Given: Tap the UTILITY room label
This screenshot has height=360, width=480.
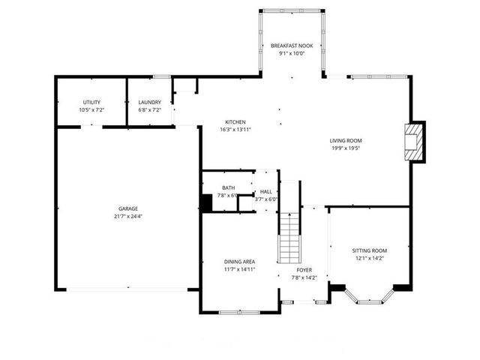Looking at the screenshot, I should (91, 102).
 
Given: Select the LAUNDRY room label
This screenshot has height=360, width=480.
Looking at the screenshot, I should (150, 102).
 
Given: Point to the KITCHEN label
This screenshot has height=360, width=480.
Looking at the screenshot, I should (235, 122).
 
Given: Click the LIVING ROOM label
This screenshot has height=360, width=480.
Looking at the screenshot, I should (346, 140).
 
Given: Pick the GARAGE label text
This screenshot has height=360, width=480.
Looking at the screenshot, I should (127, 208).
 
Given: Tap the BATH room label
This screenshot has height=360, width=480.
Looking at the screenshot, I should (228, 188).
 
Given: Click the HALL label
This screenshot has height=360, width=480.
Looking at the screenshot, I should (266, 192).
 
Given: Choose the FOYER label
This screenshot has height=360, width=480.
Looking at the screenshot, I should (304, 269).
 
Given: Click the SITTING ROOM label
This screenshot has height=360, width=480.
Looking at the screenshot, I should (370, 250).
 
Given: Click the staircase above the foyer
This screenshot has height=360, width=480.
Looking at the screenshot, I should (288, 237).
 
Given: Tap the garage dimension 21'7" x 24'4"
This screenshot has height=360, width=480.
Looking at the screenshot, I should (127, 217).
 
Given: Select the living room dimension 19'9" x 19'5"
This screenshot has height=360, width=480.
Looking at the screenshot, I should (346, 148).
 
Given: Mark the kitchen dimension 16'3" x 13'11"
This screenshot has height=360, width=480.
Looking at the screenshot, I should (235, 130).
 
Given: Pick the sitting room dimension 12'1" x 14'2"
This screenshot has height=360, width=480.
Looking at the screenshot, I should (370, 259).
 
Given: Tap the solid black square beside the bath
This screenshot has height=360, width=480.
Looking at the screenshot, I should (206, 203).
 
